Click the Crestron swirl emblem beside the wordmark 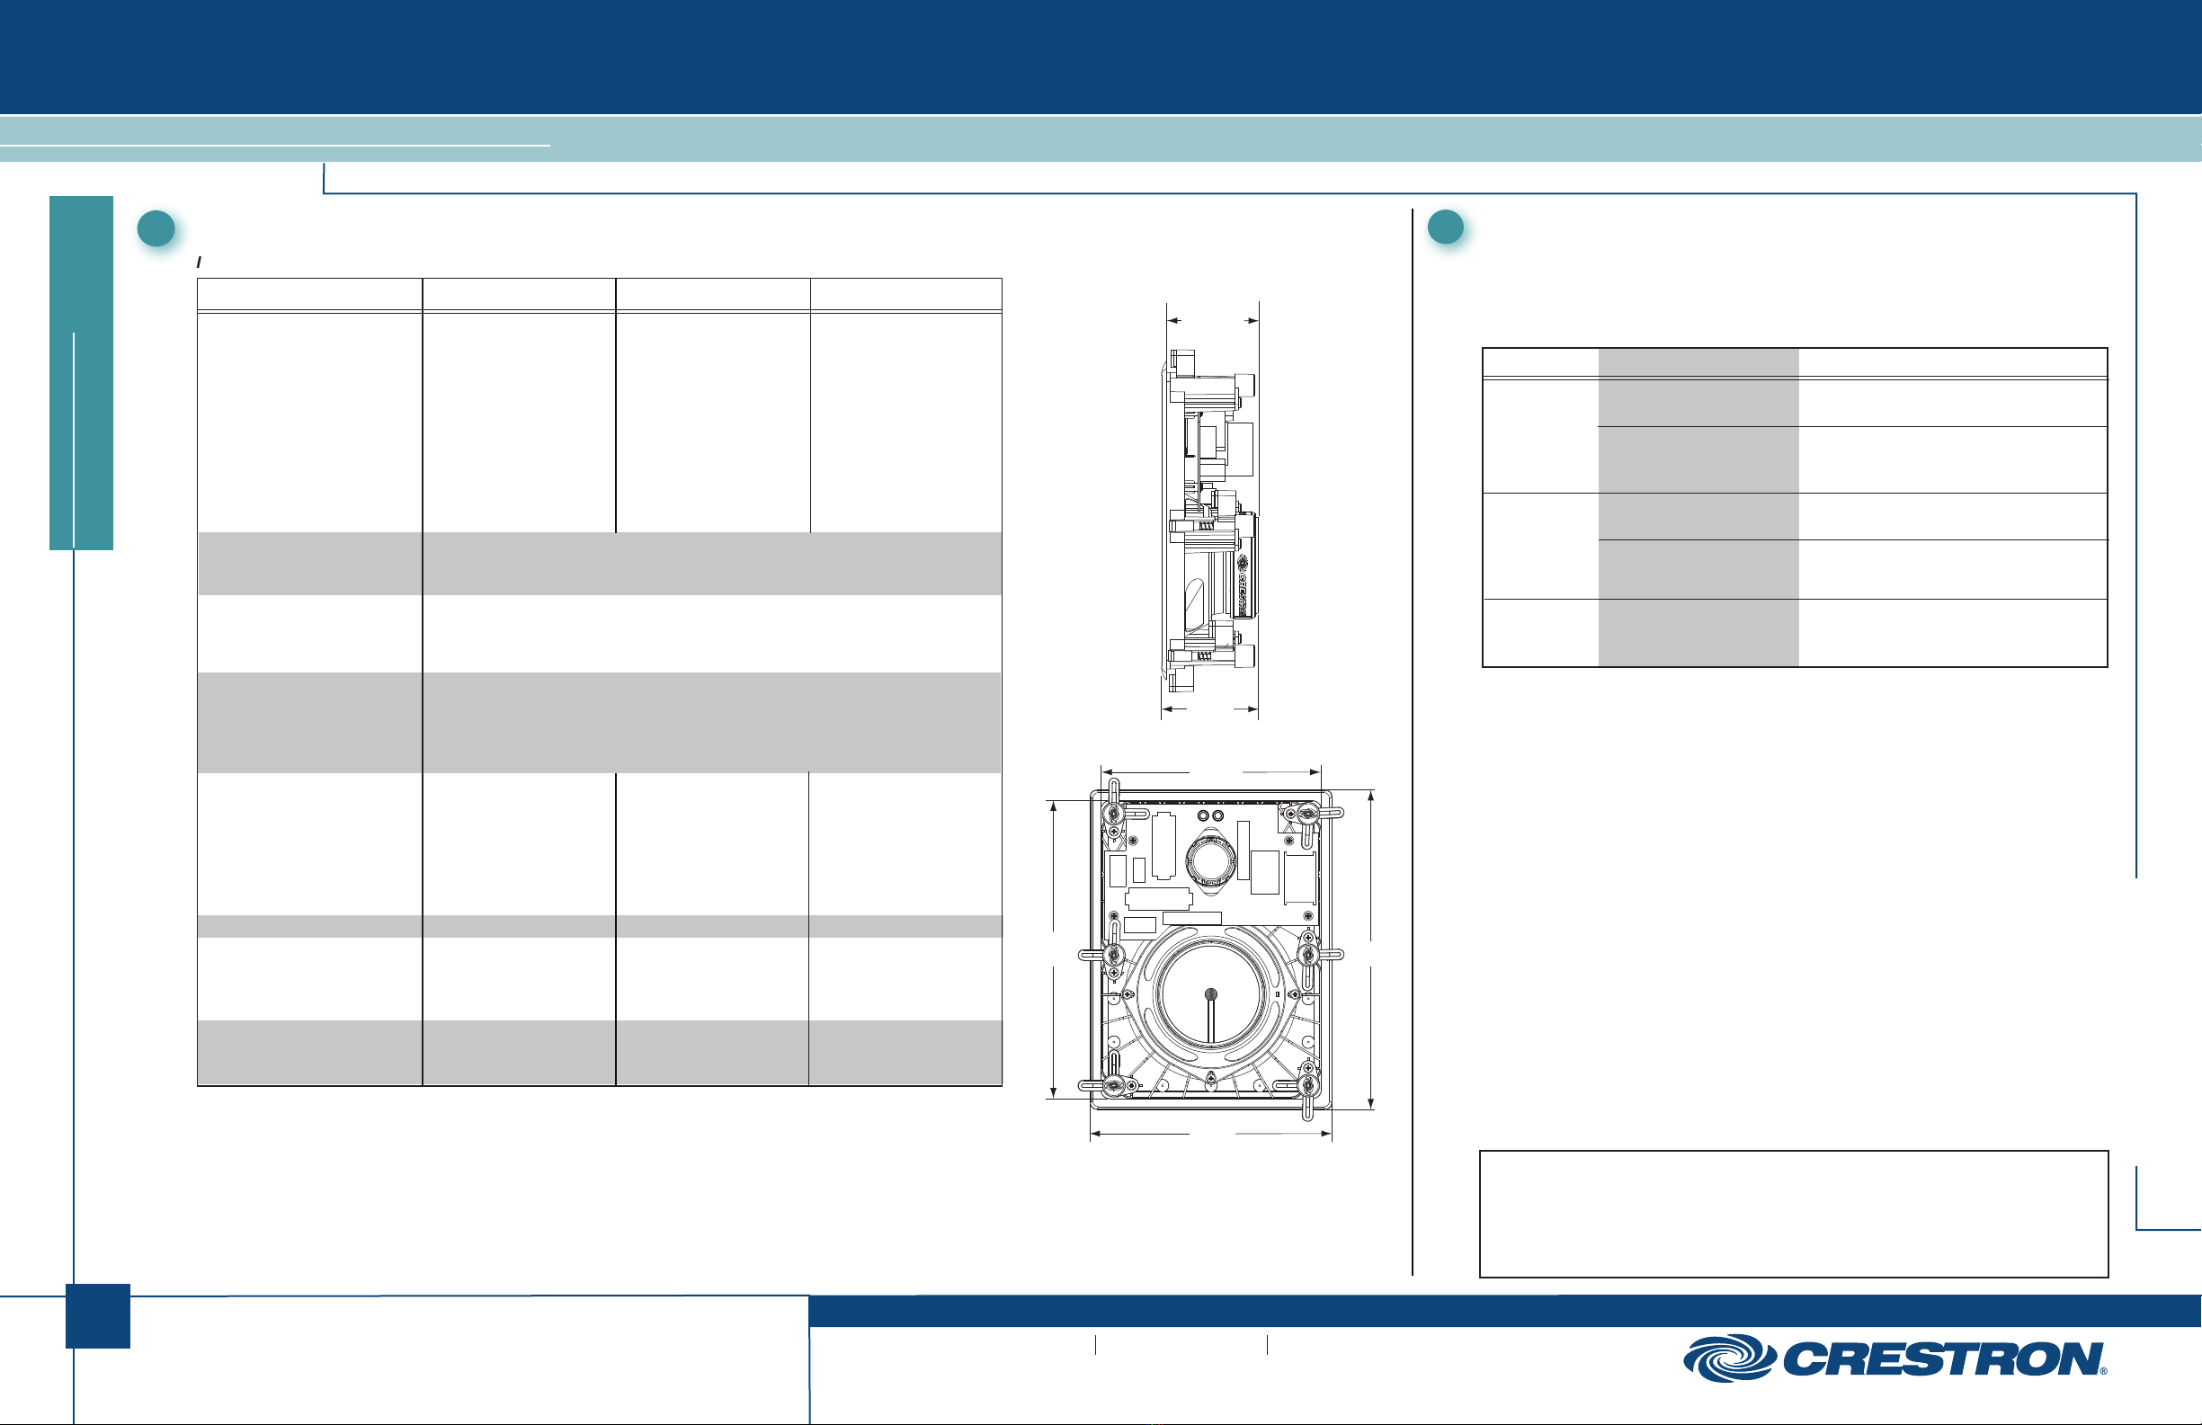(1728, 1358)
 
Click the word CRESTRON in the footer (1943, 1359)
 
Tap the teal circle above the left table (156, 228)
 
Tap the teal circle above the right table (1445, 227)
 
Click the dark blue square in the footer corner (98, 1316)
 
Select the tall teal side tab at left (82, 373)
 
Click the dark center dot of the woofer (1210, 994)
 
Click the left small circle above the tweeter (1204, 815)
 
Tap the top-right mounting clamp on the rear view (1308, 816)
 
